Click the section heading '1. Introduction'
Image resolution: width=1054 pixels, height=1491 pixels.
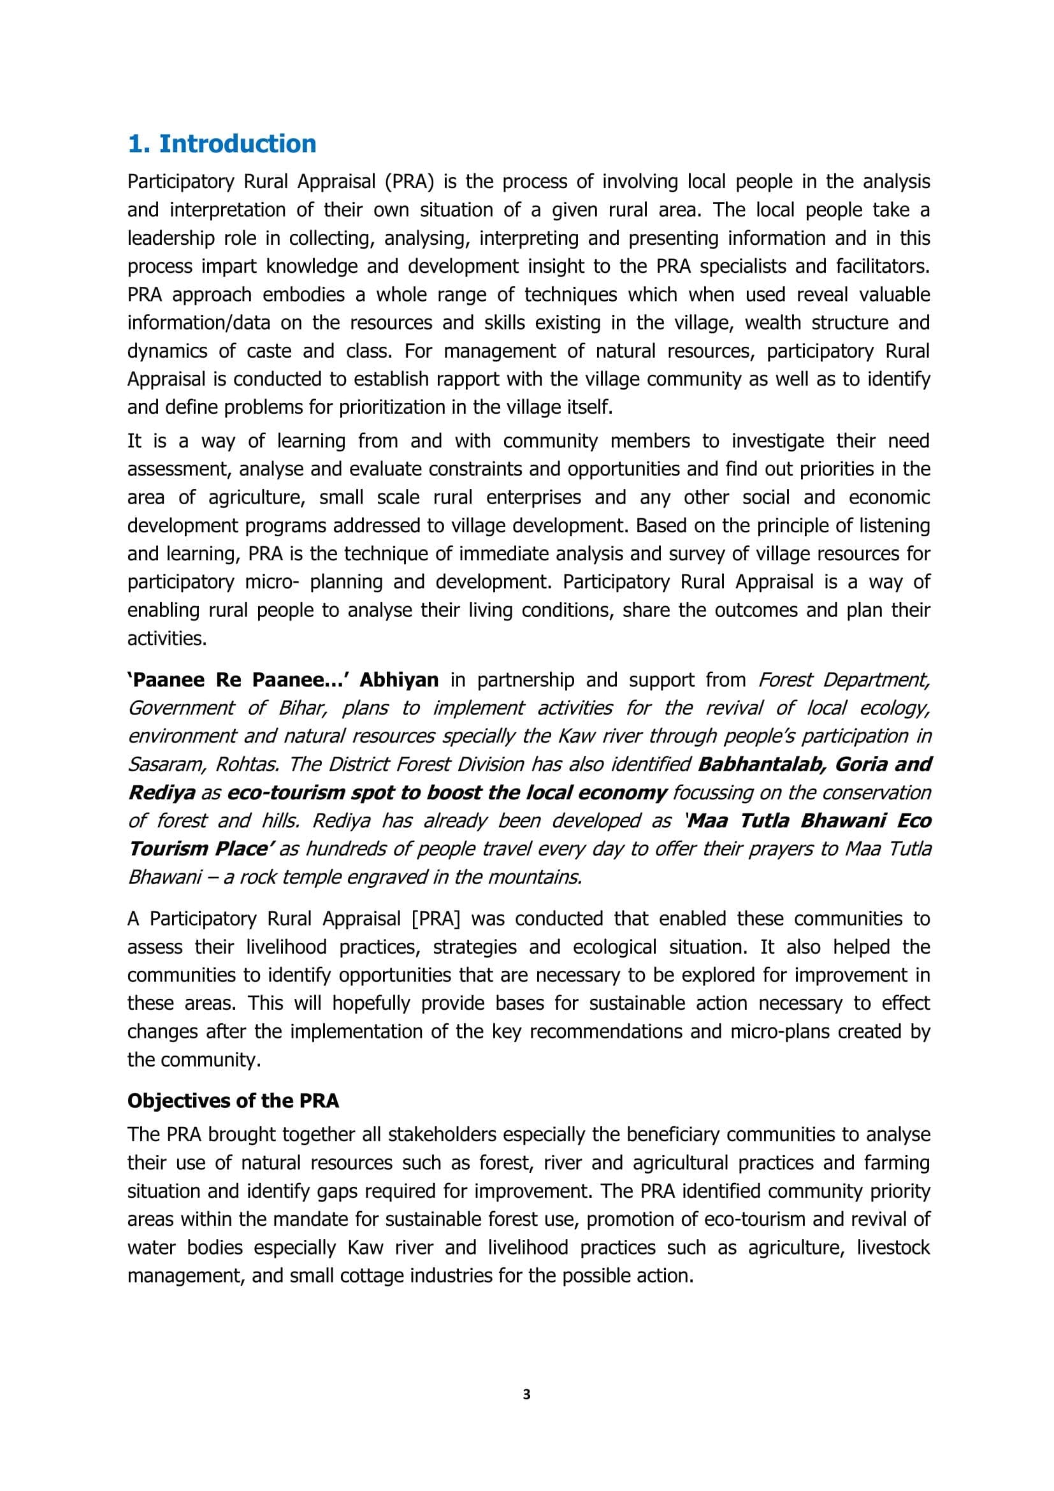pos(222,143)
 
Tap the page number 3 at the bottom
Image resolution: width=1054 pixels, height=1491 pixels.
pos(526,1394)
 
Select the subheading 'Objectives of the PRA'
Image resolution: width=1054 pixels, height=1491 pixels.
pos(233,1101)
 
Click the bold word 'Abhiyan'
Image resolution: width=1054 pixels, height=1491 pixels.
pos(399,680)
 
